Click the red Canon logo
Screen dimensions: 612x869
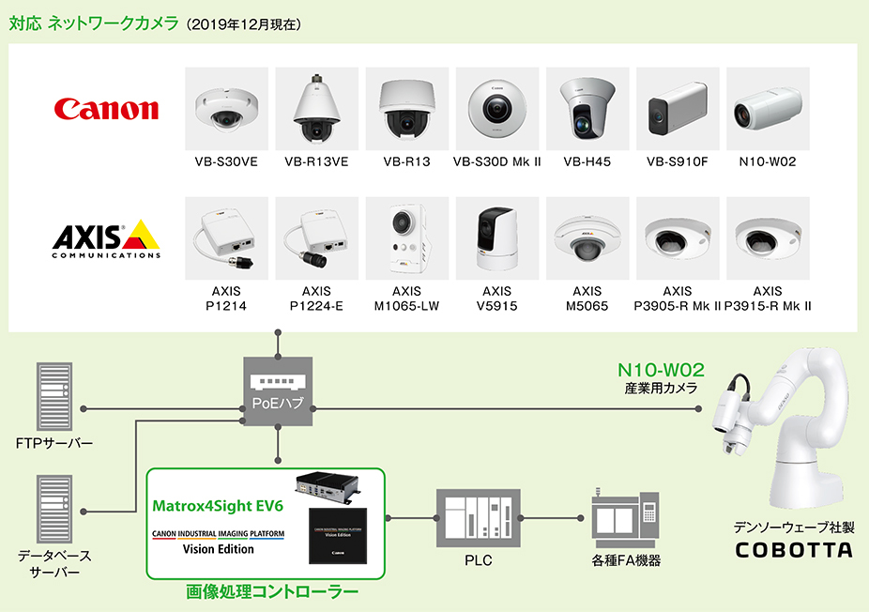pos(107,109)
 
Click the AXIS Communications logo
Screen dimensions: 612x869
pos(106,238)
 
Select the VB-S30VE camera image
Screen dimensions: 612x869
pos(226,108)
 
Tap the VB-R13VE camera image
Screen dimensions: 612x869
pos(316,108)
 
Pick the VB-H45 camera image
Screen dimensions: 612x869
pos(587,108)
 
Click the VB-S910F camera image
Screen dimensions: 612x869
pos(677,108)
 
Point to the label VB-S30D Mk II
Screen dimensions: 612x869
pos(497,161)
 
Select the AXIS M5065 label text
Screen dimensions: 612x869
pos(587,298)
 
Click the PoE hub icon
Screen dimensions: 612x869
pos(278,390)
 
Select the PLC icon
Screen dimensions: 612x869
pos(479,517)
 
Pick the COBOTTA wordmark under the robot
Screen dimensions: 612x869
pos(794,550)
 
